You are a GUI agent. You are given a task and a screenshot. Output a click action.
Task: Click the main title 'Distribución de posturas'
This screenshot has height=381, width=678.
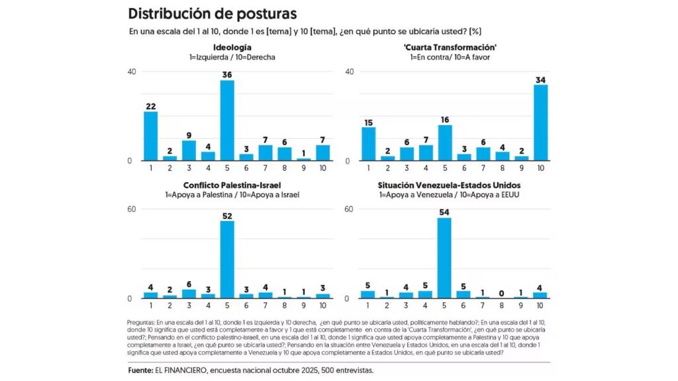point(212,13)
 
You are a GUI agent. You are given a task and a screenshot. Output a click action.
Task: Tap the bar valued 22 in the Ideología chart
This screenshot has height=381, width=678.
point(150,136)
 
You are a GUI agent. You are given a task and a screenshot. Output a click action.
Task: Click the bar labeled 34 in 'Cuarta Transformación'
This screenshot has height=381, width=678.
point(540,122)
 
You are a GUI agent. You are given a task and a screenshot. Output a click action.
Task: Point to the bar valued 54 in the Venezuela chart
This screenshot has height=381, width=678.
point(444,258)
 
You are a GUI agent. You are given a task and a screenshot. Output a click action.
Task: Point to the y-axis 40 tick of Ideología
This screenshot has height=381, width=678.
point(132,71)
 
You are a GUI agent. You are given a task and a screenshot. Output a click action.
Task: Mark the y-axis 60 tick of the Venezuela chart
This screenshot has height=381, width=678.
point(349,209)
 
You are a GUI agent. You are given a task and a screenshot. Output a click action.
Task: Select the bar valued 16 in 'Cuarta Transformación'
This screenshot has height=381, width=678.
point(444,143)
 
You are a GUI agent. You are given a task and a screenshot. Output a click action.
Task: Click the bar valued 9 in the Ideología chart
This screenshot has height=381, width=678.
point(189,151)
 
